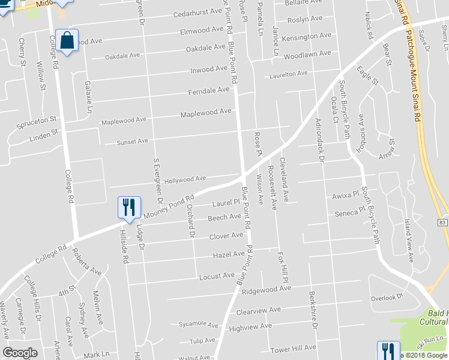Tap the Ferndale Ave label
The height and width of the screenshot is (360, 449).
pyautogui.click(x=209, y=90)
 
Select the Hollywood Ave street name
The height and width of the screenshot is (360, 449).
pyautogui.click(x=185, y=179)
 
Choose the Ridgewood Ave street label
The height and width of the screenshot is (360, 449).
pyautogui.click(x=266, y=289)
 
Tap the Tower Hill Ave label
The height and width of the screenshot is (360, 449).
pyautogui.click(x=293, y=348)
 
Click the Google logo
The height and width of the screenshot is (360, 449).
pyautogui.click(x=20, y=353)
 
